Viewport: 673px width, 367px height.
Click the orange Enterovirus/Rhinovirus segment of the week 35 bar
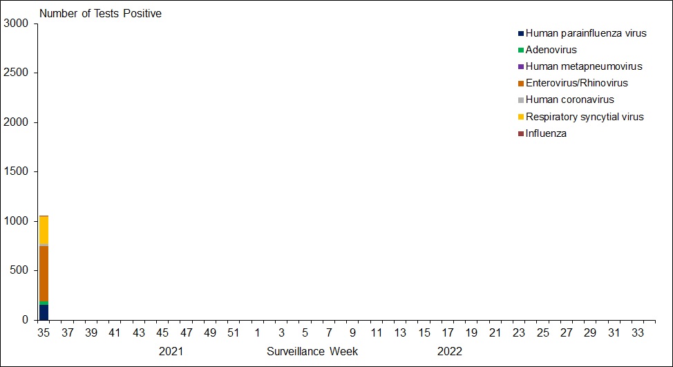pyautogui.click(x=44, y=274)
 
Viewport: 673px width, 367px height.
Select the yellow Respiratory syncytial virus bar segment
pyautogui.click(x=44, y=230)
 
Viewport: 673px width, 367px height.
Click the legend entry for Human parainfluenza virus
pyautogui.click(x=585, y=33)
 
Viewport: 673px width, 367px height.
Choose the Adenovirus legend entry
pyautogui.click(x=551, y=50)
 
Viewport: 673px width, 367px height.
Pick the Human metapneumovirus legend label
pyautogui.click(x=583, y=66)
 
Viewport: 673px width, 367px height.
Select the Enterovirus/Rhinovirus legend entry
pyautogui.click(x=576, y=83)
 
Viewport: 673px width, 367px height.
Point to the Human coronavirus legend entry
pyautogui.click(x=569, y=100)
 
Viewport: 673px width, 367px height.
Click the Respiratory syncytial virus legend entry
pyautogui.click(x=585, y=117)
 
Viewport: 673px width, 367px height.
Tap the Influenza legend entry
pyautogui.click(x=546, y=133)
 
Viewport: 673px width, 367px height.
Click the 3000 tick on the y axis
pyautogui.click(x=16, y=24)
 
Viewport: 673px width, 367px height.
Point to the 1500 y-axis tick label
pyautogui.click(x=16, y=172)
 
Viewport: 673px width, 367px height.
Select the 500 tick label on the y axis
pyautogui.click(x=19, y=271)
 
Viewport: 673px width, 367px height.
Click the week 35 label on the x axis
pyautogui.click(x=44, y=333)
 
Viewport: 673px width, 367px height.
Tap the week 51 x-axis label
pyautogui.click(x=233, y=333)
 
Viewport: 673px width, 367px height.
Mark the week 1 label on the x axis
pyautogui.click(x=256, y=333)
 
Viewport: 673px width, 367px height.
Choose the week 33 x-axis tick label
pyautogui.click(x=638, y=333)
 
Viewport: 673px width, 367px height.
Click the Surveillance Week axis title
pyautogui.click(x=312, y=351)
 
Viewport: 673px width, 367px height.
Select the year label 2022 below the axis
pyautogui.click(x=449, y=351)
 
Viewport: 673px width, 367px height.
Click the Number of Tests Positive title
pyautogui.click(x=100, y=14)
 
